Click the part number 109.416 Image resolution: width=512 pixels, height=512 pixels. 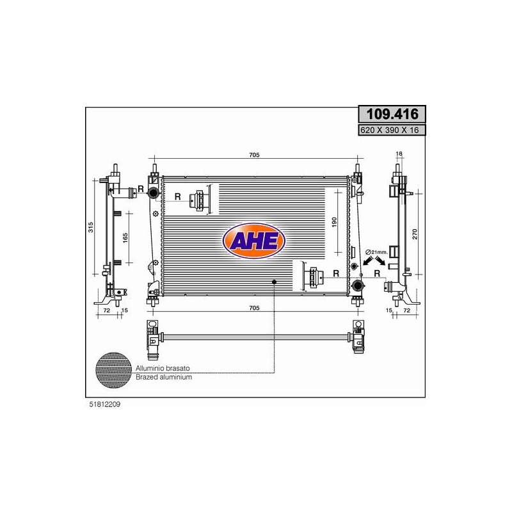point(392,115)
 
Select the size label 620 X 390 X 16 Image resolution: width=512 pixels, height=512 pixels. point(389,130)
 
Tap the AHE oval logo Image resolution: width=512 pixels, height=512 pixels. point(254,241)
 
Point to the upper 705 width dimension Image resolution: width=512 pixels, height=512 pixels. point(254,155)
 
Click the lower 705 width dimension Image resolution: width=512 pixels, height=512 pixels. point(254,308)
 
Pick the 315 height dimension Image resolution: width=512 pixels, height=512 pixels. point(91,227)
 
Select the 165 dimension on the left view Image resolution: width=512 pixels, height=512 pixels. point(125,238)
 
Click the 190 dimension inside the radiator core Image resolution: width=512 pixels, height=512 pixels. point(333,222)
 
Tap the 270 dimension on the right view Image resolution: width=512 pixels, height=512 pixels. point(415,234)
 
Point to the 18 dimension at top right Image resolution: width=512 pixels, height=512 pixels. point(399,154)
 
